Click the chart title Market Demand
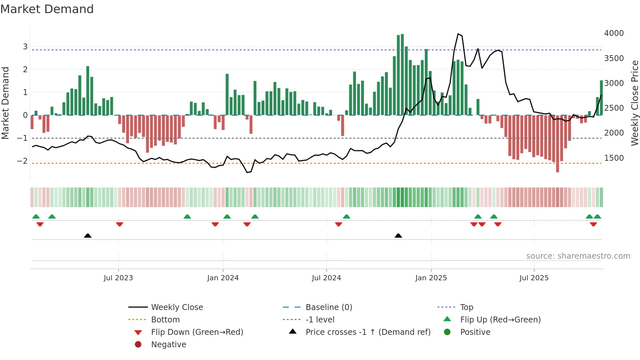pos(47,9)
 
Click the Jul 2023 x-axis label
pos(118,278)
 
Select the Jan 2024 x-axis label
pos(223,278)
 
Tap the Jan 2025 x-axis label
pos(431,278)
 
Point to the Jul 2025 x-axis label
pos(534,278)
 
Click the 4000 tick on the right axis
pos(614,33)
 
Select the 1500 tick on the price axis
pos(614,158)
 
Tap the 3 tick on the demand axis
pos(25,47)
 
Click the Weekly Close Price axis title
pos(635,103)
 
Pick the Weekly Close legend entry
pos(177,307)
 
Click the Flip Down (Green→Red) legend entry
pos(197,332)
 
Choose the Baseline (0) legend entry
pos(329,307)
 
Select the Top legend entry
pos(467,307)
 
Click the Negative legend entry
pos(168,345)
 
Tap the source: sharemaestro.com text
pos(578,256)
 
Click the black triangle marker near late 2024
pos(398,236)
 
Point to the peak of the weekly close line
pos(458,34)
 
